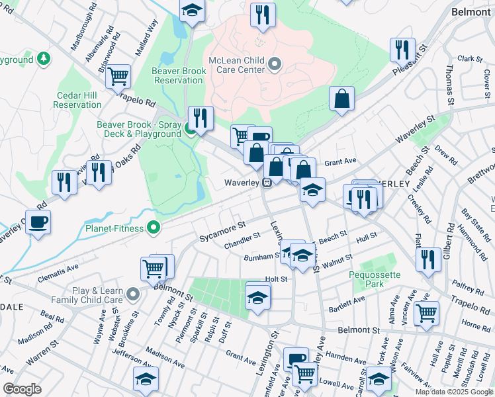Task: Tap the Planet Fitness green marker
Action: [154, 228]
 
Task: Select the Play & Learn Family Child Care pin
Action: [133, 294]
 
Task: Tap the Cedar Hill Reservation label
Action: [77, 100]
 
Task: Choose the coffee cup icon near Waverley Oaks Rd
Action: [39, 222]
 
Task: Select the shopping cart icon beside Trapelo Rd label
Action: [118, 76]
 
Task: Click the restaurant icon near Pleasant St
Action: [402, 49]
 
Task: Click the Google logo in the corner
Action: [22, 389]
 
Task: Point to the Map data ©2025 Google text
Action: [453, 392]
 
